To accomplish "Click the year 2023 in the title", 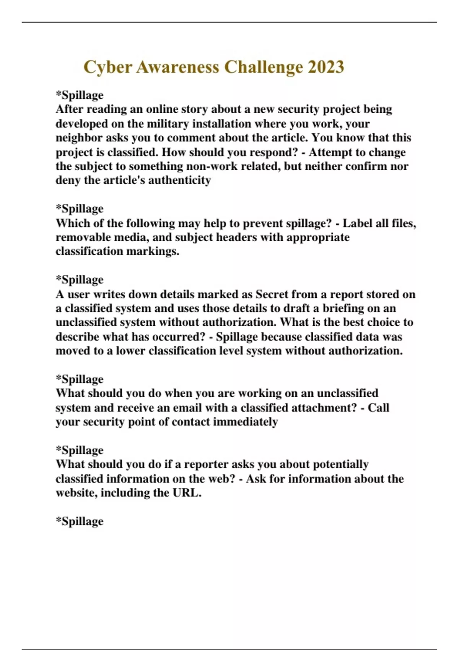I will (x=326, y=67).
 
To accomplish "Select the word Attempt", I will (x=330, y=152).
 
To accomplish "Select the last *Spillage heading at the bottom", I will (x=80, y=521).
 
